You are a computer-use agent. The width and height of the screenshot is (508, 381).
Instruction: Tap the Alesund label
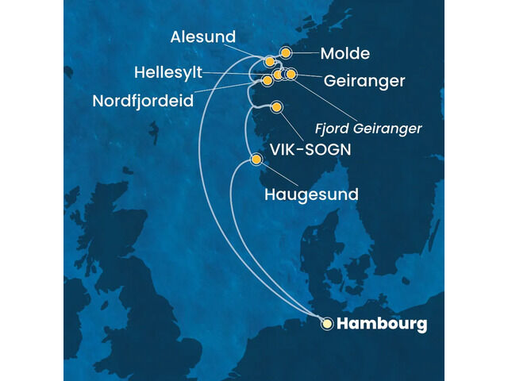[x=204, y=38]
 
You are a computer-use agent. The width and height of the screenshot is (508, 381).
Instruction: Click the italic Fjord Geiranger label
[x=368, y=127]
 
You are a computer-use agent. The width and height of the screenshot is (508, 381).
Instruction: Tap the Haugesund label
[x=310, y=194]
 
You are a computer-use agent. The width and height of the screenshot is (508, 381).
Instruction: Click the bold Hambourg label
[x=381, y=324]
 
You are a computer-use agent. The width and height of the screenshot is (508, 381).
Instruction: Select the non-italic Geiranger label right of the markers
[x=364, y=81]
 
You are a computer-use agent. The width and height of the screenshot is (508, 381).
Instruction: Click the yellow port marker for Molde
[x=285, y=53]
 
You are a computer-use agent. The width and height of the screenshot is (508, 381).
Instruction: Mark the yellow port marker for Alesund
[x=270, y=61]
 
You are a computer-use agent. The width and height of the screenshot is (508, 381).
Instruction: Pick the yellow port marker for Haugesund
[x=256, y=160]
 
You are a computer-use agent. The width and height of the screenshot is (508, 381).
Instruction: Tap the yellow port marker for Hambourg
[x=326, y=323]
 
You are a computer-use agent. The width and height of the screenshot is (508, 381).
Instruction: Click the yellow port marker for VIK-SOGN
[x=276, y=107]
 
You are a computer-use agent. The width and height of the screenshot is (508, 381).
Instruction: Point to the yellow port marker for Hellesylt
[x=277, y=75]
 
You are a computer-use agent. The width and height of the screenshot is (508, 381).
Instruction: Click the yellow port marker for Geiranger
[x=291, y=75]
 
